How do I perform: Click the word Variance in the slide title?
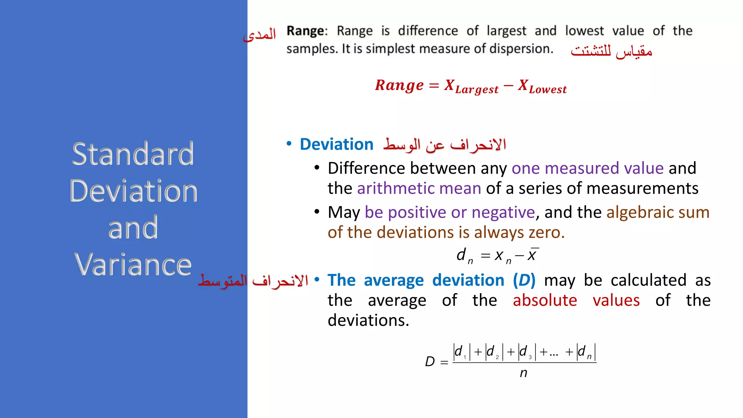(133, 265)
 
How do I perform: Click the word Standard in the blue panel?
(133, 154)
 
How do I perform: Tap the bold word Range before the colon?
(306, 31)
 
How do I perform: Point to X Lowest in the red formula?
(542, 86)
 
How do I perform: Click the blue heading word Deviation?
(336, 144)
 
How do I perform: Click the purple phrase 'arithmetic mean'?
(419, 188)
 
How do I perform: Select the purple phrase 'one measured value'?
(587, 168)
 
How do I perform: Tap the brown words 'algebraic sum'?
(658, 212)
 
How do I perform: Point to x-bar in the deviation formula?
(532, 255)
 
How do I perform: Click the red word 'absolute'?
(545, 300)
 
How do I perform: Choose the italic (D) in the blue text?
(524, 280)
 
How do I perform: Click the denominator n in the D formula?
(523, 373)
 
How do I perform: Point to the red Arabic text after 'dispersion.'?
(611, 51)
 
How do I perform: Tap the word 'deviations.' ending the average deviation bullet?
(368, 320)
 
